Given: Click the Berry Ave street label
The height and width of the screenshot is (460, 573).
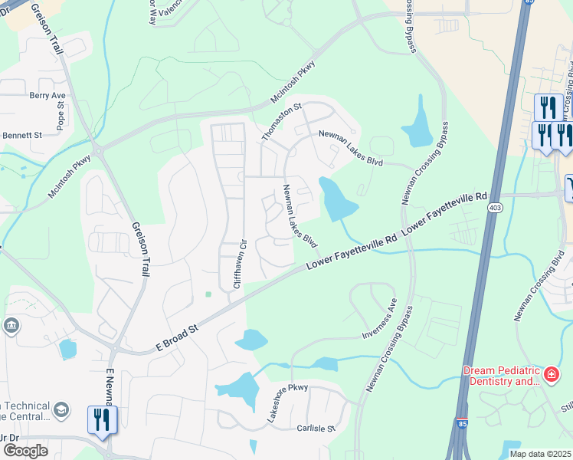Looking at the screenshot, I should click(x=48, y=96).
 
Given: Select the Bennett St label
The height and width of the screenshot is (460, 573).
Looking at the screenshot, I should click(x=21, y=135).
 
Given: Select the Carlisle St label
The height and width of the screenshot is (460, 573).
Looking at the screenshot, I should click(x=316, y=429).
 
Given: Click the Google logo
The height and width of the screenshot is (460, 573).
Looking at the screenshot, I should click(x=25, y=451).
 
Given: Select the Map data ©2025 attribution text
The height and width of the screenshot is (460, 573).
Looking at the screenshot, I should click(x=541, y=454).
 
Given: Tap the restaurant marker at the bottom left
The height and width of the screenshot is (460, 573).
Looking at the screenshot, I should click(x=102, y=421).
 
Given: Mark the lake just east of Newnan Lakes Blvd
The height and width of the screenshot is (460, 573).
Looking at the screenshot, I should click(x=337, y=200).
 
